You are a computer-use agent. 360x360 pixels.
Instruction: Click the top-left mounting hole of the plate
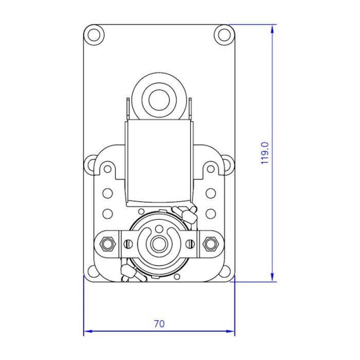click(x=94, y=34)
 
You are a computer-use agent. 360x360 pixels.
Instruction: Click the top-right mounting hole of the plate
click(x=224, y=34)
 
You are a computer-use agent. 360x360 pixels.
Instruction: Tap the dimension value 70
click(x=159, y=324)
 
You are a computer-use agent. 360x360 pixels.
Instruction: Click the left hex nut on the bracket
click(x=108, y=243)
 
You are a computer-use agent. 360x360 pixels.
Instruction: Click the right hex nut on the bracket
click(x=210, y=243)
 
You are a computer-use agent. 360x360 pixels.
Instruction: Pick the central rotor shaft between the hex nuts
click(x=159, y=242)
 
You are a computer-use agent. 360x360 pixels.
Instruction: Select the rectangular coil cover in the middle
click(x=159, y=159)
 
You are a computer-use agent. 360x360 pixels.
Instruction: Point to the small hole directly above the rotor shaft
click(x=159, y=227)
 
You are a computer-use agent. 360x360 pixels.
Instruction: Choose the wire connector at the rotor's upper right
click(x=185, y=213)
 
